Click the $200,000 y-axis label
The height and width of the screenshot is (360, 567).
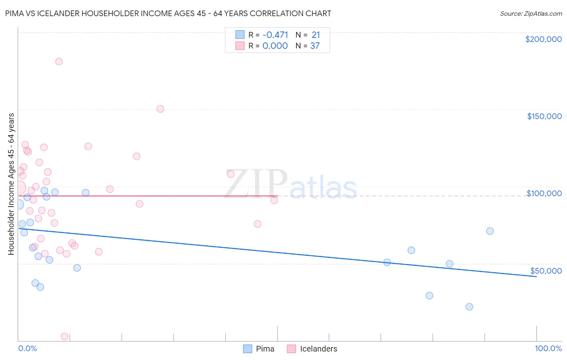pyautogui.click(x=543, y=39)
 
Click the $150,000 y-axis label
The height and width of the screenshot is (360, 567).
pyautogui.click(x=544, y=116)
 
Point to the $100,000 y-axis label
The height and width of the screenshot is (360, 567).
pyautogui.click(x=544, y=193)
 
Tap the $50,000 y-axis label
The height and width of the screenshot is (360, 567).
pyautogui.click(x=546, y=271)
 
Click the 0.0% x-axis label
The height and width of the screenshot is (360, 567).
pyautogui.click(x=27, y=348)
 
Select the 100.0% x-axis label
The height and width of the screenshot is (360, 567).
pyautogui.click(x=548, y=348)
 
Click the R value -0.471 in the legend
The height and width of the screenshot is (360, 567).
pyautogui.click(x=275, y=35)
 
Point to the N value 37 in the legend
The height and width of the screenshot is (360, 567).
pyautogui.click(x=315, y=46)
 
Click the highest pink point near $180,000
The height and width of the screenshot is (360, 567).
pyautogui.click(x=59, y=62)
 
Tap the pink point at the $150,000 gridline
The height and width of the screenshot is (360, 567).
pyautogui.click(x=160, y=109)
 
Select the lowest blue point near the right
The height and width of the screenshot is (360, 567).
pyautogui.click(x=469, y=307)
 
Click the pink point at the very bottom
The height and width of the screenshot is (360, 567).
pyautogui.click(x=64, y=337)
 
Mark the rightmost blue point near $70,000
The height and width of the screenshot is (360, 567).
pyautogui.click(x=490, y=231)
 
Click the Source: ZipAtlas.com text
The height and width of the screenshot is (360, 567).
pyautogui.click(x=531, y=14)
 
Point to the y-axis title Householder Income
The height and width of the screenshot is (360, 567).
pyautogui.click(x=11, y=184)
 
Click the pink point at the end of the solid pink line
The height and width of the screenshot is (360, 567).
pyautogui.click(x=274, y=200)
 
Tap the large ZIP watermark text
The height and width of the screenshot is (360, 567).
pyautogui.click(x=256, y=184)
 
